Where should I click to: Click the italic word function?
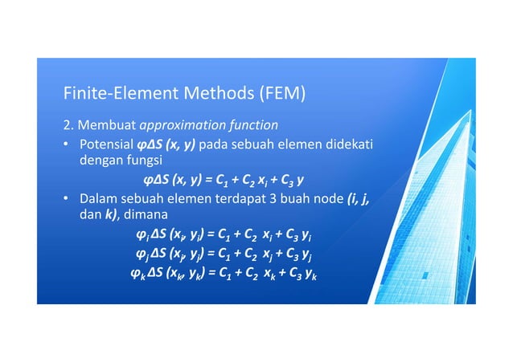249,125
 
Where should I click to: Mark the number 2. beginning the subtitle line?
69,125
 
